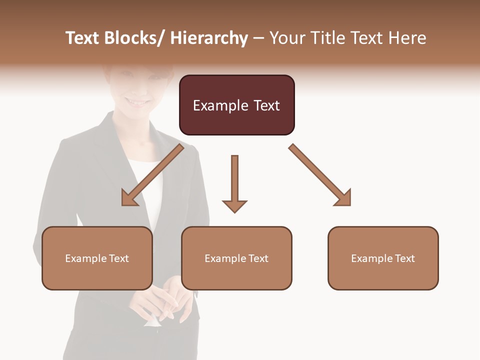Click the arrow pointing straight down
[234, 182]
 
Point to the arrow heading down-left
[152, 175]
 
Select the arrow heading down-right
[320, 175]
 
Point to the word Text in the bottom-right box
[403, 258]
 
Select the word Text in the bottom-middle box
[257, 258]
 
